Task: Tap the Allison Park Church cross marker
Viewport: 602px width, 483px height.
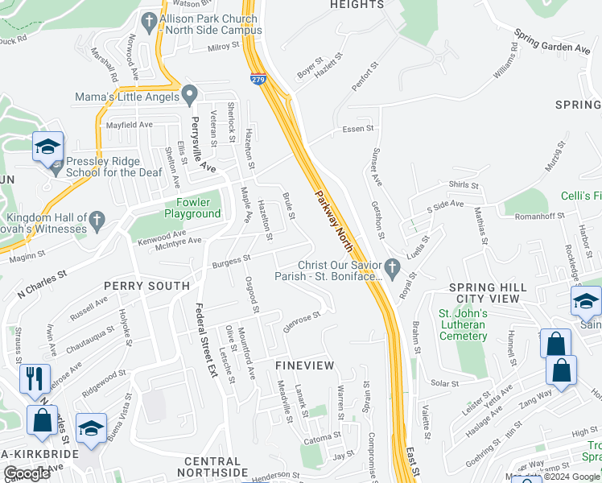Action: [148, 19]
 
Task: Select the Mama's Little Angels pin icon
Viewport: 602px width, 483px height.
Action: [189, 95]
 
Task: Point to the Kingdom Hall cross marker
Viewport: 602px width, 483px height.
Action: [96, 219]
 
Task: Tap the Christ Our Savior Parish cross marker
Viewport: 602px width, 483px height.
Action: [391, 266]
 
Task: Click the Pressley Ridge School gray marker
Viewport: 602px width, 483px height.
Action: [56, 167]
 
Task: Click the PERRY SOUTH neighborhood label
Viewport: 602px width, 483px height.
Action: [146, 286]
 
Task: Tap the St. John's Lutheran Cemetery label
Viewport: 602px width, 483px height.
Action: [462, 319]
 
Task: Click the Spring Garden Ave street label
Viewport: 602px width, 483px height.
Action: [551, 42]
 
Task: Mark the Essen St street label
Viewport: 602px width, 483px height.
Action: [358, 128]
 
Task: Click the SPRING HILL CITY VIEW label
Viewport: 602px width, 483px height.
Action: [488, 293]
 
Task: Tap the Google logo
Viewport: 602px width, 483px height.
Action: [27, 473]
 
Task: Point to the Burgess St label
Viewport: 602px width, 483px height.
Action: [232, 261]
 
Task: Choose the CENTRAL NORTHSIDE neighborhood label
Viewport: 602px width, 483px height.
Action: [212, 467]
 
